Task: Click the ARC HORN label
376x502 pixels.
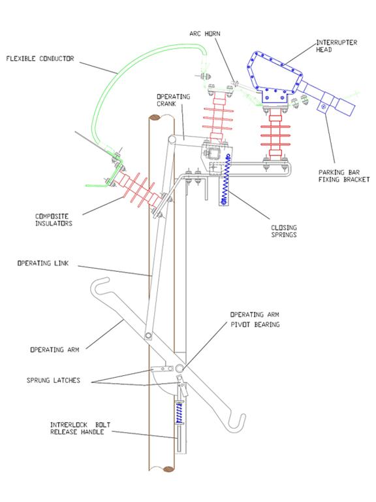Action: tap(204, 33)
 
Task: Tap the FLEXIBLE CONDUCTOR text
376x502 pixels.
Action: tap(40, 59)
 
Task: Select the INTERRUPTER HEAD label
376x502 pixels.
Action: tap(336, 46)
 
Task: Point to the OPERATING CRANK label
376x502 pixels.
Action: tap(173, 100)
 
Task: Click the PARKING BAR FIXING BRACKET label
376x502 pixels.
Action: tap(344, 176)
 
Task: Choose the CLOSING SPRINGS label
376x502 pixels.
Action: tap(284, 231)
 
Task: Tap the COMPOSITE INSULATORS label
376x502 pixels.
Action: tap(54, 220)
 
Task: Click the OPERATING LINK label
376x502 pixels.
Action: tap(43, 263)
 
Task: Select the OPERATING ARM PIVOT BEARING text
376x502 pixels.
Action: tap(255, 320)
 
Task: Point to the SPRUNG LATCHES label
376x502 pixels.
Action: tap(53, 380)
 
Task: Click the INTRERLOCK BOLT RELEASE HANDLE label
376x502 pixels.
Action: tap(80, 428)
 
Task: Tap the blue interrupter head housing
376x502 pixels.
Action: tap(274, 77)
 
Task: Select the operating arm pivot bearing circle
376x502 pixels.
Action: tap(180, 369)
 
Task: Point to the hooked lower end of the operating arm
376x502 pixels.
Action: tap(236, 423)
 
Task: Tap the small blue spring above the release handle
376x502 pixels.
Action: tap(179, 413)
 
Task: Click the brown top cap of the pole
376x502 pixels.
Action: tap(157, 118)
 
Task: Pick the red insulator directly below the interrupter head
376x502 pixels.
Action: tap(275, 135)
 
